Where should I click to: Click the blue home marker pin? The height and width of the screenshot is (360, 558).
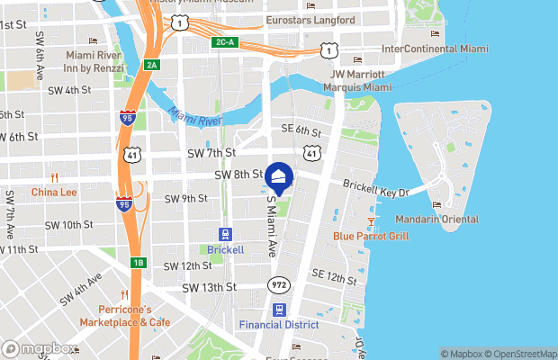tap(279, 177)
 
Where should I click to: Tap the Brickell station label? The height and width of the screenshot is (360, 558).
tap(225, 249)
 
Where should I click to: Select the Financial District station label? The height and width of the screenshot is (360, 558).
tap(280, 323)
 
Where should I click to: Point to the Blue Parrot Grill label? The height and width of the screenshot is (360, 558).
tap(371, 236)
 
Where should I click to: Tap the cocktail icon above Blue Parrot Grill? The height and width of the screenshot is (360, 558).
tap(371, 220)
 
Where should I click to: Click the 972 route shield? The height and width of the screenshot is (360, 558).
tap(278, 284)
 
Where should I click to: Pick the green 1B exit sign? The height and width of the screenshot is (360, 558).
tap(138, 263)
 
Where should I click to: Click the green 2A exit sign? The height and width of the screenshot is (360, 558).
tap(151, 64)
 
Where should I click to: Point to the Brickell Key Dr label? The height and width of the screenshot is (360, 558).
tap(375, 188)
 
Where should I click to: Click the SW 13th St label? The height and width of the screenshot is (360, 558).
tap(209, 288)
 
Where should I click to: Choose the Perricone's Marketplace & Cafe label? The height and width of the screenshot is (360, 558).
tap(124, 315)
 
